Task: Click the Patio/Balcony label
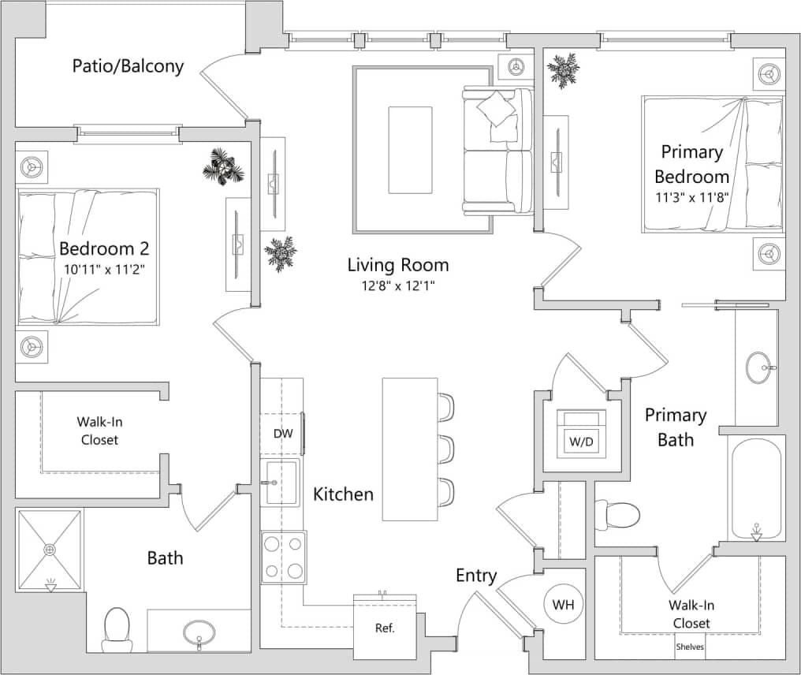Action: coord(128,65)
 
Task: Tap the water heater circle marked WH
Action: coord(563,606)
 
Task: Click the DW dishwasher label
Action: coord(282,434)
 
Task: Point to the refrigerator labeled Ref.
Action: coord(385,628)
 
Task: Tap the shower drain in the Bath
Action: coord(50,549)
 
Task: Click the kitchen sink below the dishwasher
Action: coord(280,482)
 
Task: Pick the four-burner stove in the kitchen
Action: coord(284,557)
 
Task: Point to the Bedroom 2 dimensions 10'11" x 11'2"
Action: coord(106,269)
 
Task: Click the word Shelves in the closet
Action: coord(690,647)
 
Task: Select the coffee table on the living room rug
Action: coord(410,150)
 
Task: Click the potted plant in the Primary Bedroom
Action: coord(564,70)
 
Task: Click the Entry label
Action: coord(476,576)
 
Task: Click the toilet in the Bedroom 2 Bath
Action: coord(117,628)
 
